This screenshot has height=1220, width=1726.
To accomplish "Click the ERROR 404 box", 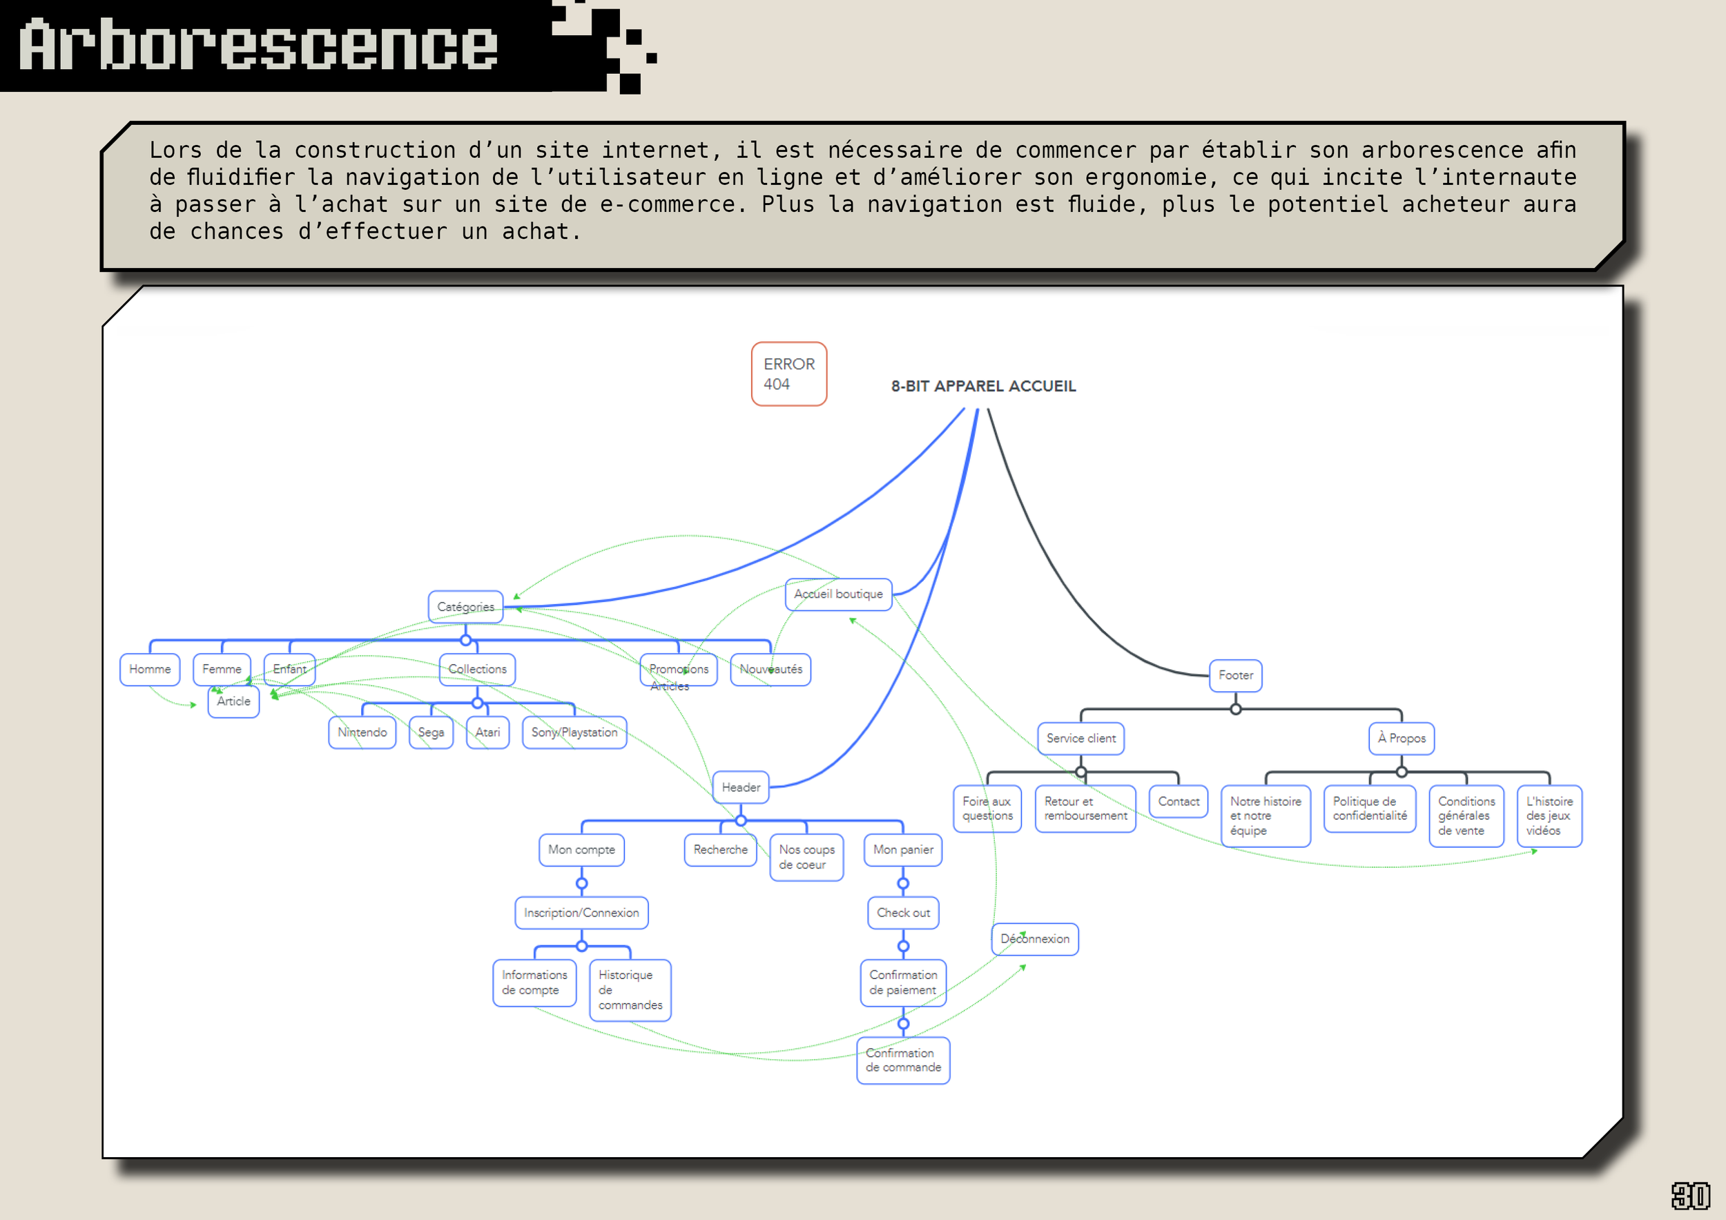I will point(788,374).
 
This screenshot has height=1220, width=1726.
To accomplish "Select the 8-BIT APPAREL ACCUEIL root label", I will point(983,387).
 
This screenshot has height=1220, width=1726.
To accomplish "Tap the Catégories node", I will point(465,607).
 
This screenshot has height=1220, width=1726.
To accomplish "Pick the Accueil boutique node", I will point(838,594).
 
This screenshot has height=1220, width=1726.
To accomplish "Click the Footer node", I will point(1235,676).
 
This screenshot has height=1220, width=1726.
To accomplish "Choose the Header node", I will point(741,788).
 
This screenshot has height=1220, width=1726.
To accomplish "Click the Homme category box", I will point(150,670).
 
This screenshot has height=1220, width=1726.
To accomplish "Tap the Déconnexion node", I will point(1034,940).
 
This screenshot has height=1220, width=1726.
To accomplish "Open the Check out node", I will point(903,913).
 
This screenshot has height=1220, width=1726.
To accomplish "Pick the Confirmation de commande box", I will point(903,1061).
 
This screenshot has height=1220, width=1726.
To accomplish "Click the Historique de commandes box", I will point(630,991).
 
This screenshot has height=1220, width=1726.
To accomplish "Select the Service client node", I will point(1080,739).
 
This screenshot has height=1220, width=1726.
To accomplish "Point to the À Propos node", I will point(1402,739).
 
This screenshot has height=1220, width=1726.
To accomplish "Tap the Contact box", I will point(1178,802).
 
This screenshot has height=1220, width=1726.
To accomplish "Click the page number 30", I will point(1690,1196).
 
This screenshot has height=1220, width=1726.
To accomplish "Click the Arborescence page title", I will point(260,46).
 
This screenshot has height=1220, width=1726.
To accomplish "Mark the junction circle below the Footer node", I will point(1235,709).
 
